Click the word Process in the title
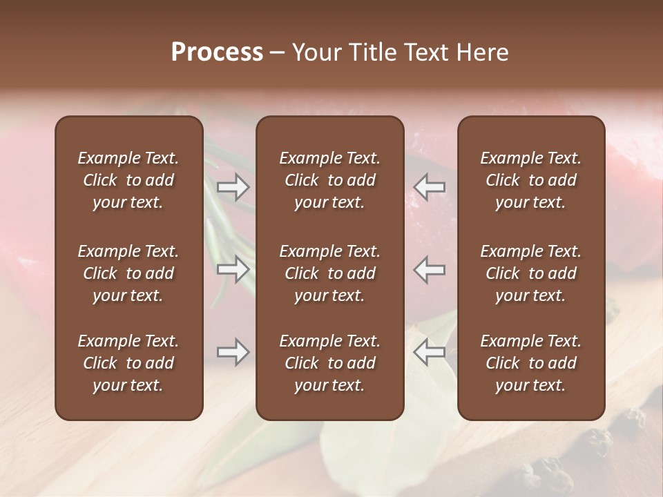tap(217, 52)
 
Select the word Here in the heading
tap(483, 52)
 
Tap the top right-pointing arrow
tap(233, 186)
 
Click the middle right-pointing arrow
tap(233, 269)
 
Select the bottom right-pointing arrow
tap(233, 352)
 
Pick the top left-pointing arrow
tap(430, 186)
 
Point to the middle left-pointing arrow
tap(430, 269)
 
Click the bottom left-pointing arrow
tap(430, 352)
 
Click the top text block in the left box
tap(128, 180)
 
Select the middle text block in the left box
tap(128, 273)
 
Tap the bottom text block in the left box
tap(128, 363)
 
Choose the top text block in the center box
tap(330, 180)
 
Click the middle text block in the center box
tap(330, 273)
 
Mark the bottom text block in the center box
tap(330, 363)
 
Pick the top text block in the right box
tap(531, 180)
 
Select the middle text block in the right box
tap(531, 273)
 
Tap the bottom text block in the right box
tap(531, 363)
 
